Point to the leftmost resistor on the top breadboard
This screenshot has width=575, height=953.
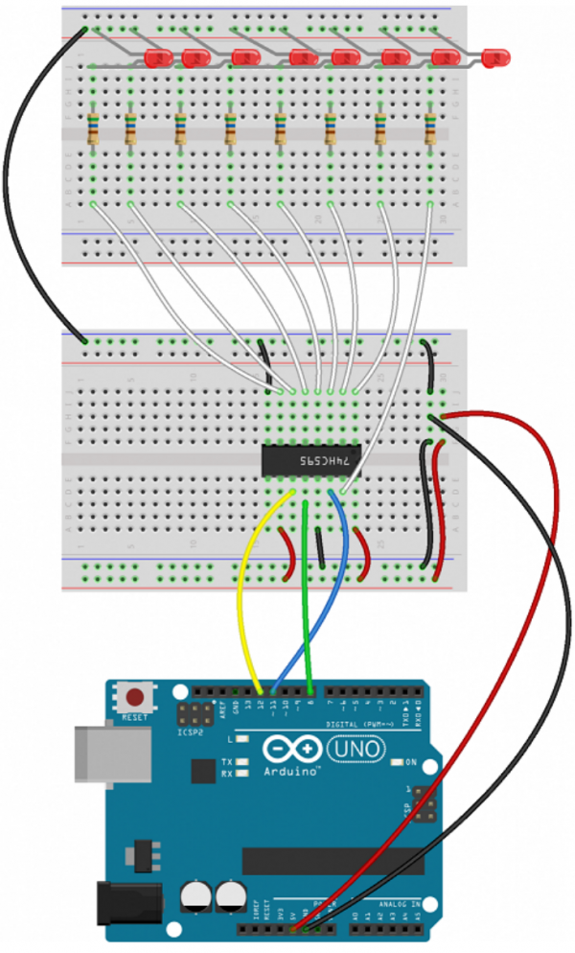(93, 128)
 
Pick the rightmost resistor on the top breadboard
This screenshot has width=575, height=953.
(430, 128)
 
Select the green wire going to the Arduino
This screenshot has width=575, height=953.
(307, 594)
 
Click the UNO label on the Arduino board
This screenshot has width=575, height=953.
(356, 748)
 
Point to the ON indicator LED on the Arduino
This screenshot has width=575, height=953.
(397, 762)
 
